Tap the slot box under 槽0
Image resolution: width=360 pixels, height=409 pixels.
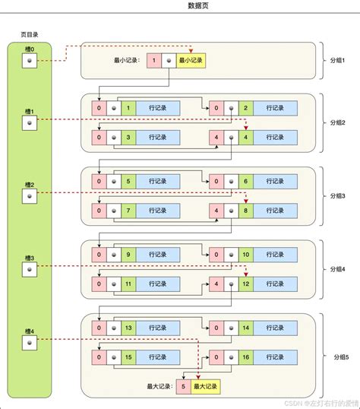pos(29,61)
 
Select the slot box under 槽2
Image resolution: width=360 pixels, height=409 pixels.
pos(29,195)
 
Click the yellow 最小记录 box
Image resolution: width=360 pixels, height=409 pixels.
pos(191,60)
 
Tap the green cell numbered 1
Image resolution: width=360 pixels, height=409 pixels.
pos(128,109)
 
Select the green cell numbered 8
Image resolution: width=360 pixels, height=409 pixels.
pos(245,209)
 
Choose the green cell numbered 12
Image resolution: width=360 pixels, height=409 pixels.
pos(245,283)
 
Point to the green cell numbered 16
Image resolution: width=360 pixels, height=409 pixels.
pos(245,356)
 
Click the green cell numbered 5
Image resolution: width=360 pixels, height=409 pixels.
pos(128,182)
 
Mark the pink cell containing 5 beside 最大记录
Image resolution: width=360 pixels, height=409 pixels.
pos(182,386)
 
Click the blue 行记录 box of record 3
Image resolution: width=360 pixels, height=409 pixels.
pos(158,137)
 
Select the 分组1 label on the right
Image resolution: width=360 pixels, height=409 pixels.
pos(337,60)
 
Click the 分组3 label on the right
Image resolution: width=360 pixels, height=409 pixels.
pos(337,195)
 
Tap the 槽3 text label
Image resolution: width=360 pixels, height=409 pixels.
pos(29,258)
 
